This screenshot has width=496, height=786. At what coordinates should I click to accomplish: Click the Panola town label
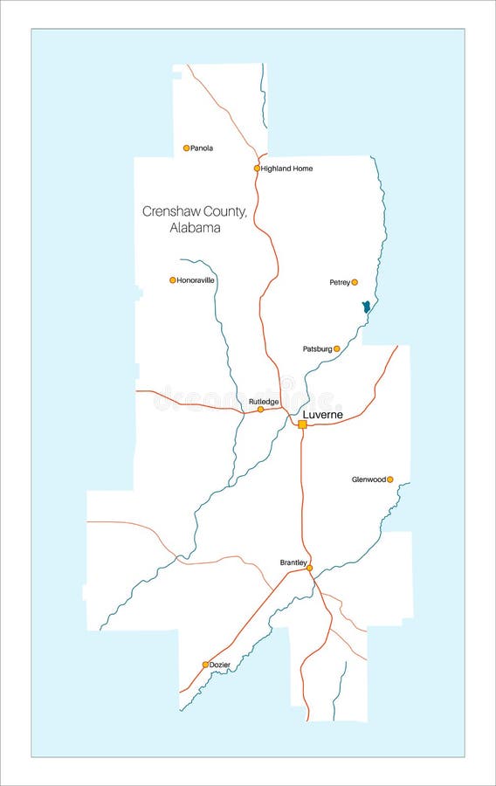(x=202, y=148)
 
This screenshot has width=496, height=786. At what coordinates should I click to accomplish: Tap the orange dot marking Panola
(x=186, y=148)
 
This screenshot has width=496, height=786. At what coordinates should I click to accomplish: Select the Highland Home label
(x=286, y=169)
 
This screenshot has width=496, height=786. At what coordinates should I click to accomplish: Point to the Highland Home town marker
(x=257, y=169)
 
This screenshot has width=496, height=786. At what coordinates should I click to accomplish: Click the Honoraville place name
(x=196, y=280)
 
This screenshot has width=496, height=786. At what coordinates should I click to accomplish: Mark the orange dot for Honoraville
(x=173, y=280)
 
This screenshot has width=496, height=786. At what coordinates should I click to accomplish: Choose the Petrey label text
(x=340, y=282)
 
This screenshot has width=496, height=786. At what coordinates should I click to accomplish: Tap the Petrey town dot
(x=355, y=282)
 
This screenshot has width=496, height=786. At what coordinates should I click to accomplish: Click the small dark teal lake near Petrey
(x=366, y=307)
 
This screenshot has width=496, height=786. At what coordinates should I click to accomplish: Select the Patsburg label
(x=317, y=348)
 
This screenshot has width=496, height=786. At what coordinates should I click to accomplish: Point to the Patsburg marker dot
(x=337, y=348)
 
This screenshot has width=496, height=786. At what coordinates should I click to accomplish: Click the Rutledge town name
(x=264, y=402)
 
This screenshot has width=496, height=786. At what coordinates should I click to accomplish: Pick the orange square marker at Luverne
(x=302, y=424)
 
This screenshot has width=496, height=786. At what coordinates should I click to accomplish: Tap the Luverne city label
(x=323, y=414)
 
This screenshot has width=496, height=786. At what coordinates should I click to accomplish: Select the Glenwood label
(x=369, y=479)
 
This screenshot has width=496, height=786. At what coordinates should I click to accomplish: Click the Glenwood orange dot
(x=389, y=479)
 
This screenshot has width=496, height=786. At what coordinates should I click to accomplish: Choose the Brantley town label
(x=293, y=562)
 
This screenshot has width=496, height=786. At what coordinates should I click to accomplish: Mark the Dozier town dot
(x=205, y=665)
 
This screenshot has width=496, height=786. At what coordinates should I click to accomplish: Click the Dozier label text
(x=220, y=665)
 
